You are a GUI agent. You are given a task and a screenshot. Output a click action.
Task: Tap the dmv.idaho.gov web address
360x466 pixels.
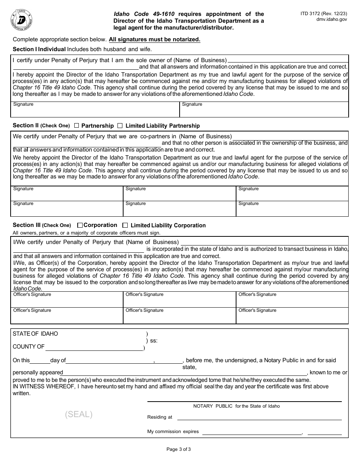(x=332, y=20)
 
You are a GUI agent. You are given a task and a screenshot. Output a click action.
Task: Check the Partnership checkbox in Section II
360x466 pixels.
(x=77, y=125)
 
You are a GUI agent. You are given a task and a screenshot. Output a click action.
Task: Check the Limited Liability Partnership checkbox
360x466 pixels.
(x=120, y=125)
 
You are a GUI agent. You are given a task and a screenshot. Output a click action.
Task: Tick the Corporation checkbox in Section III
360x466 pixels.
(x=80, y=225)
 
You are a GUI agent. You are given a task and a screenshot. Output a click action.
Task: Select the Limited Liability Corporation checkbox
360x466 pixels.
(x=125, y=225)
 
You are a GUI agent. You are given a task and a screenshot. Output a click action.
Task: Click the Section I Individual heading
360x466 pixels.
(x=39, y=49)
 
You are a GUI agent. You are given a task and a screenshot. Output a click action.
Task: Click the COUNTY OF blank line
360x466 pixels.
(x=94, y=347)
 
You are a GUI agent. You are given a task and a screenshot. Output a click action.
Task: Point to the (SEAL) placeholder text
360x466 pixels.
(x=79, y=414)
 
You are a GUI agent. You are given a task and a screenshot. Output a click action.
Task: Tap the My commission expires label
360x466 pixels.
(x=173, y=432)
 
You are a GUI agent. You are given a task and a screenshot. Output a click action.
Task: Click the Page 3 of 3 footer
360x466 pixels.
(x=178, y=450)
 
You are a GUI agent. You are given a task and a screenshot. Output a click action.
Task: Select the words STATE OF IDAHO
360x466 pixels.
(x=35, y=334)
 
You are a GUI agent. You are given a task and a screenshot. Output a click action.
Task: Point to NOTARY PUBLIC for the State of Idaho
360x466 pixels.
(x=236, y=406)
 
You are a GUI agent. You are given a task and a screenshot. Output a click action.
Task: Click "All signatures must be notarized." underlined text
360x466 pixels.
(x=155, y=39)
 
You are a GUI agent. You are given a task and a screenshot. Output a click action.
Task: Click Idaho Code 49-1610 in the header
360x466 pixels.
(x=144, y=14)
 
